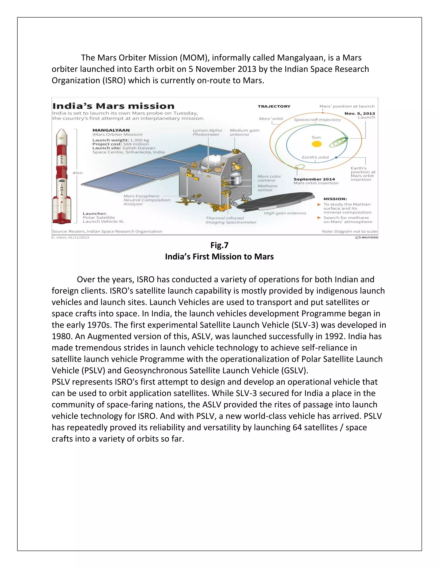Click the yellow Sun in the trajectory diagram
point(317,144)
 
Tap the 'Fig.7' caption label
point(219,245)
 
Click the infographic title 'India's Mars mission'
point(113,106)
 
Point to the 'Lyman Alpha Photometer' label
point(207,132)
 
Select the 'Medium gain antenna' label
point(244,132)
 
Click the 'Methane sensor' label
point(267,188)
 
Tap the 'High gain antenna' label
point(285,213)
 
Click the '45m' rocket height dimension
point(78,173)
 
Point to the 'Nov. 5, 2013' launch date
point(359,113)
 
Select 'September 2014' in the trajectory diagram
point(314,179)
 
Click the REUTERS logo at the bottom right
point(367,237)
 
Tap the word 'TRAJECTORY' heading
point(274,106)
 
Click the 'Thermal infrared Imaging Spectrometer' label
point(231,220)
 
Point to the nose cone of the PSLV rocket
point(62,134)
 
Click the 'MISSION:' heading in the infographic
point(335,199)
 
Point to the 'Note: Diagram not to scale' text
point(350,231)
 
